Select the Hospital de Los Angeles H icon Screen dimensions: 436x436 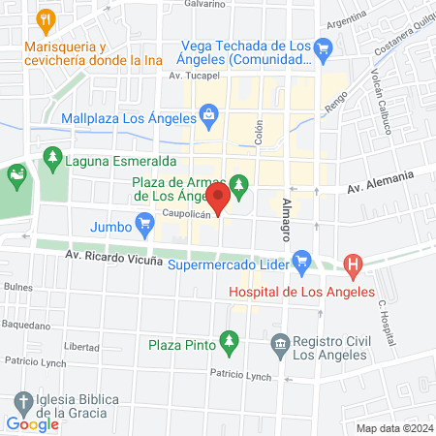tap(354, 263)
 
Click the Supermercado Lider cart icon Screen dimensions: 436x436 tap(301, 259)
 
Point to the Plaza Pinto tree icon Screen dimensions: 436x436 tap(229, 341)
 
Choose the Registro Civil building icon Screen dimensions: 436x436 tap(280, 342)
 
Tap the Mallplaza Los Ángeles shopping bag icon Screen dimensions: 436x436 tap(208, 115)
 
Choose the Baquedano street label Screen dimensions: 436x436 tap(23, 326)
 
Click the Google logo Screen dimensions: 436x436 tap(33, 423)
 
